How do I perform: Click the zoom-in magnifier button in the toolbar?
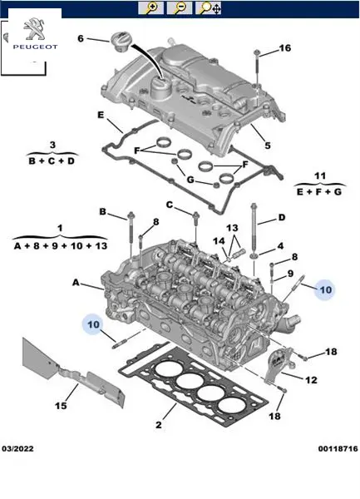[151, 8]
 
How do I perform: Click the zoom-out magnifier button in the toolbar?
[180, 8]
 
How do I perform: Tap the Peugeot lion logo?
[35, 28]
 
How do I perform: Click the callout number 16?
[285, 47]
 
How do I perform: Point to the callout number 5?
[268, 146]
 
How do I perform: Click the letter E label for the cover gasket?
[101, 115]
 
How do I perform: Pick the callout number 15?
[61, 406]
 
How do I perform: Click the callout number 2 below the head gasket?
[159, 424]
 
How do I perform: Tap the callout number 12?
[311, 380]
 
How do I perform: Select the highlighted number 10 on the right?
[326, 290]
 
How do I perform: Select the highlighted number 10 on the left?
[93, 324]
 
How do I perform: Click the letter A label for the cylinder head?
[76, 282]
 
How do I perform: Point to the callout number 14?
[219, 241]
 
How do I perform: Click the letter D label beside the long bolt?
[282, 218]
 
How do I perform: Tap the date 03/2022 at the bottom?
[17, 449]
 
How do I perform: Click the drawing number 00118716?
[338, 449]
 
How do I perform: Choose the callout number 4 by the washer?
[280, 246]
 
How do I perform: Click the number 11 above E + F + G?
[320, 175]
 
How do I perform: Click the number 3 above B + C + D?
[52, 145]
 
